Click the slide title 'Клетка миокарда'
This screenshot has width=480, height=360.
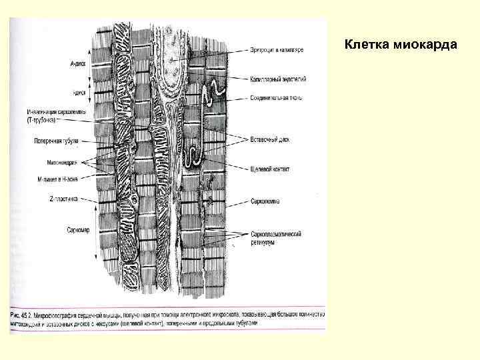pyautogui.click(x=400, y=45)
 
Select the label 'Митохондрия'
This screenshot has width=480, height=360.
pyautogui.click(x=65, y=162)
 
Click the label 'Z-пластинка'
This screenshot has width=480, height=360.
pyautogui.click(x=64, y=199)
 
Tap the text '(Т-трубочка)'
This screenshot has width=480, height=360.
pyautogui.click(x=44, y=120)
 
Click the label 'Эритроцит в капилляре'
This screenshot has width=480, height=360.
pyautogui.click(x=277, y=50)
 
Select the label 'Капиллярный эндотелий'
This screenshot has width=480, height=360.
pyautogui.click(x=279, y=79)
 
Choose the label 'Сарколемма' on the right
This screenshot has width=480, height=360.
pyautogui.click(x=265, y=200)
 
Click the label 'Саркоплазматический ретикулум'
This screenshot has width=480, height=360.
pyautogui.click(x=277, y=237)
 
